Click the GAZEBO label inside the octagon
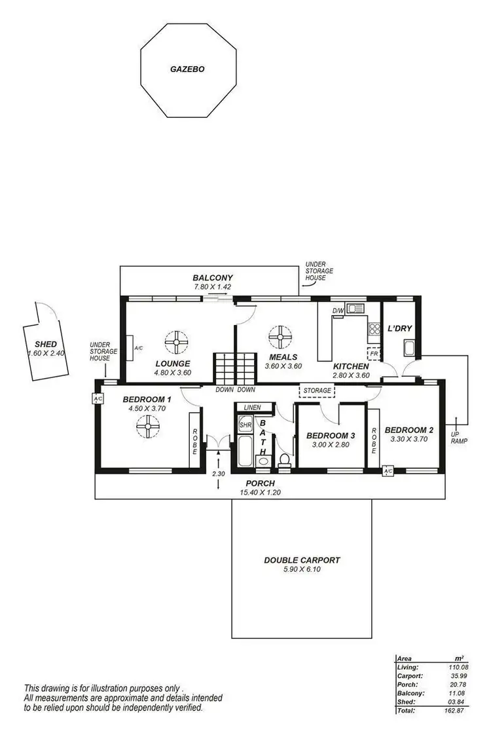187,67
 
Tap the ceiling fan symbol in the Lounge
176,341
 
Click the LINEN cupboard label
252,407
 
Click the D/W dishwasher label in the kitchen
338,310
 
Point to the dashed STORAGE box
317,391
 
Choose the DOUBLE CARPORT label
302,560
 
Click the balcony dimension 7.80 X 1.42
213,287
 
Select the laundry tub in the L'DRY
410,349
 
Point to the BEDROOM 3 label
330,436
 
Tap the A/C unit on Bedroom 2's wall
388,471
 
